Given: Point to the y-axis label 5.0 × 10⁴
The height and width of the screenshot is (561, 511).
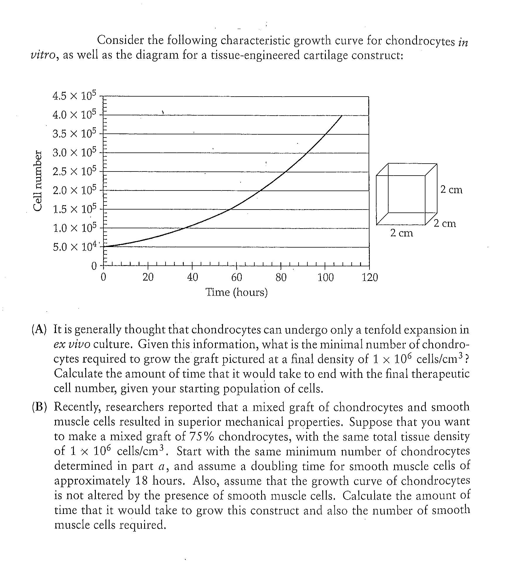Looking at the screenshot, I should tap(74, 247).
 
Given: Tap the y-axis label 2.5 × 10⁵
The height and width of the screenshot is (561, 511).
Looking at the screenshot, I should tap(74, 171).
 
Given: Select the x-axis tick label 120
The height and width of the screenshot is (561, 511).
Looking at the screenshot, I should tap(370, 277).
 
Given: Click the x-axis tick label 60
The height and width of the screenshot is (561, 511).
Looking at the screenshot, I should tap(236, 277).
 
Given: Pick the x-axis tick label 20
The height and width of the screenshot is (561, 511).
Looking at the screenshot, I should tap(148, 277).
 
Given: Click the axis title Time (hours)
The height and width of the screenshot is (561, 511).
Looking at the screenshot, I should tap(236, 292).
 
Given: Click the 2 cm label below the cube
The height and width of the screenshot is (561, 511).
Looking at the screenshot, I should tap(401, 233).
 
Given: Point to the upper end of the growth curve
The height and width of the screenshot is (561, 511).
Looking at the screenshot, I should tap(342, 116).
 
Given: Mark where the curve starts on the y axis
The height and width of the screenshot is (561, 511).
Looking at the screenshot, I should tap(103, 246).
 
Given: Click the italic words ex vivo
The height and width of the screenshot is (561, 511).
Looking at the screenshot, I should tap(72, 344).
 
